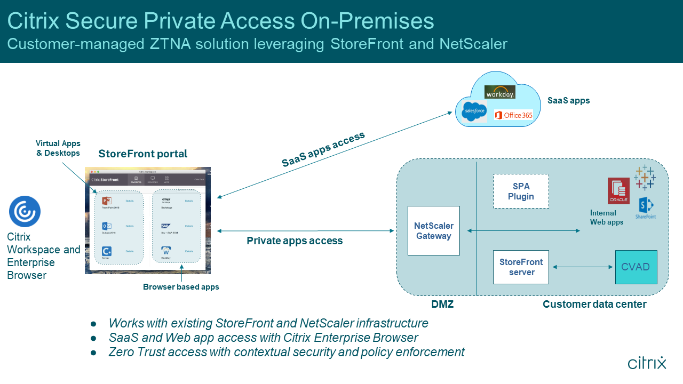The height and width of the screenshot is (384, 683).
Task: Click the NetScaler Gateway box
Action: click(x=433, y=230)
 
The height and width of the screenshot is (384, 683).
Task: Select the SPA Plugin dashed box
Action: click(x=521, y=191)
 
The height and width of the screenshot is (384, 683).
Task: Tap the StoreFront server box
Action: click(x=521, y=267)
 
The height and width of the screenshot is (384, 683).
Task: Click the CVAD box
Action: click(x=636, y=267)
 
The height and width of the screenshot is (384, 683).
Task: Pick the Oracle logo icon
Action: click(x=618, y=191)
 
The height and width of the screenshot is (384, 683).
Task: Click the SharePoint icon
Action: click(x=646, y=207)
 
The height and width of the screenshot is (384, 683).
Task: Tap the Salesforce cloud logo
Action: click(x=474, y=111)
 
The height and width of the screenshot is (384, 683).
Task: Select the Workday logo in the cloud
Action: click(x=499, y=92)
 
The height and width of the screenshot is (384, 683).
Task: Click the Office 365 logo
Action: click(x=513, y=115)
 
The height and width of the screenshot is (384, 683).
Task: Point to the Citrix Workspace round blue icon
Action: click(x=25, y=212)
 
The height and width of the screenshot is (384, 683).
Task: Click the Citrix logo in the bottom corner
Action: click(x=647, y=363)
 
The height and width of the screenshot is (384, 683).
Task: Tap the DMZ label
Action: click(x=442, y=305)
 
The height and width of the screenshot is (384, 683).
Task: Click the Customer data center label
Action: click(x=594, y=305)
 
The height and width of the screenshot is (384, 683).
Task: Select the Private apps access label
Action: click(x=295, y=241)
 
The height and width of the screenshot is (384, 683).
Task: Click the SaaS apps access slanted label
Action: click(x=323, y=149)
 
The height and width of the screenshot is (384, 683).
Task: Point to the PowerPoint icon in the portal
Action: click(x=106, y=201)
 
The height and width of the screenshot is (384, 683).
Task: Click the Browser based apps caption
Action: click(x=181, y=287)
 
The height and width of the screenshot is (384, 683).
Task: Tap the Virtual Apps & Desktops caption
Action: click(x=58, y=148)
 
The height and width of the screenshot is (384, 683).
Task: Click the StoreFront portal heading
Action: click(x=142, y=154)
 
